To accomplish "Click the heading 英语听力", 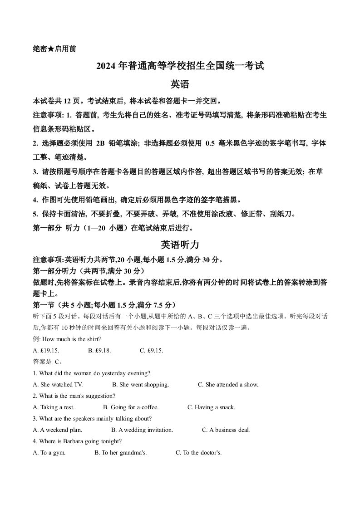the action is tap(180, 245).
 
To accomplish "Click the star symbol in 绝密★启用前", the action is tap(51, 49).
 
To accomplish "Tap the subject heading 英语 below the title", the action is tap(180, 84).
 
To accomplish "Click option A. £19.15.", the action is tap(46, 351).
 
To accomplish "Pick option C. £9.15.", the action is tap(151, 351).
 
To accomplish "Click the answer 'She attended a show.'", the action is tap(228, 385).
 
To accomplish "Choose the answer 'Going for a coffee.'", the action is tap(131, 407).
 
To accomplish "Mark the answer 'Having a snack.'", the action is tap(212, 407).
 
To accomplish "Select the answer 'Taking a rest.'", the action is tap(54, 407).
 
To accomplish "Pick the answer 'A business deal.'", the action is tap(226, 430).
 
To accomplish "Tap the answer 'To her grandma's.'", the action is tap(120, 453).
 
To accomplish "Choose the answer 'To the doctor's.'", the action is tap(199, 453).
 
